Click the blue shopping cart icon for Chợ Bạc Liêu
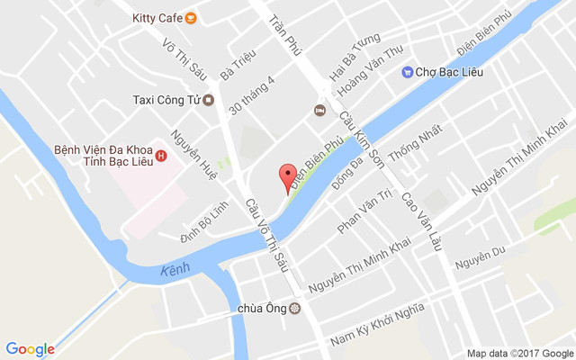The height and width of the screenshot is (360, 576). tap(407, 71)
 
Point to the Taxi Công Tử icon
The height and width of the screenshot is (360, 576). tap(208, 100)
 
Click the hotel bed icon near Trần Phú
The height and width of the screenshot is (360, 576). tap(319, 110)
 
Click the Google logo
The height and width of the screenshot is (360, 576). tap(30, 349)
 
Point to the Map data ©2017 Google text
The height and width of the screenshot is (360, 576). tap(519, 353)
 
